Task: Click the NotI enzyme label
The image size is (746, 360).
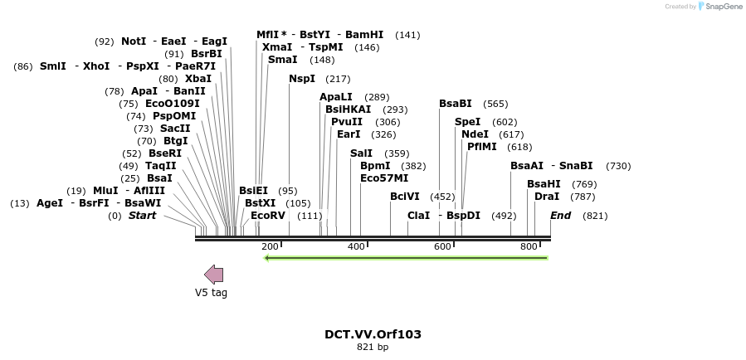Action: point(134,41)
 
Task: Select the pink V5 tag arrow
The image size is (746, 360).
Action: point(213,275)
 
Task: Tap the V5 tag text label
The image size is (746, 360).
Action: point(211,292)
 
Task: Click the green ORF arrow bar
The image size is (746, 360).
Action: point(405,258)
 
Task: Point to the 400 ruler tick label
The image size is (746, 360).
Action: point(356,247)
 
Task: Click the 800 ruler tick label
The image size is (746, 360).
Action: point(529,247)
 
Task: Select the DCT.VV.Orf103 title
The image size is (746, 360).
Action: point(373,334)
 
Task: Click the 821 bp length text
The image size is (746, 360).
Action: point(373,348)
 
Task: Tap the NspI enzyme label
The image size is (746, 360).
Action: point(302,79)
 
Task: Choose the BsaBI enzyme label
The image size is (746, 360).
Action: point(456,104)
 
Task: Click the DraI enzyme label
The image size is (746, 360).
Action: point(547,197)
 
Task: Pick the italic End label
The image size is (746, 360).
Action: point(560,216)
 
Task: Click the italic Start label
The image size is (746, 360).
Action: point(142,216)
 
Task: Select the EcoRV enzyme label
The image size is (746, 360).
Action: point(268,216)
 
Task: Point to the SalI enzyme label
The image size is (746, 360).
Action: point(362,153)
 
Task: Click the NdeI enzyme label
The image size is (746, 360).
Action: point(475,134)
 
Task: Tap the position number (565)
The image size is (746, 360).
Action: point(495,104)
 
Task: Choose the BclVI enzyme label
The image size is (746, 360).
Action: point(406,197)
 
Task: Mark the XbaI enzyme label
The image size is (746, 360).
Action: point(198,79)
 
